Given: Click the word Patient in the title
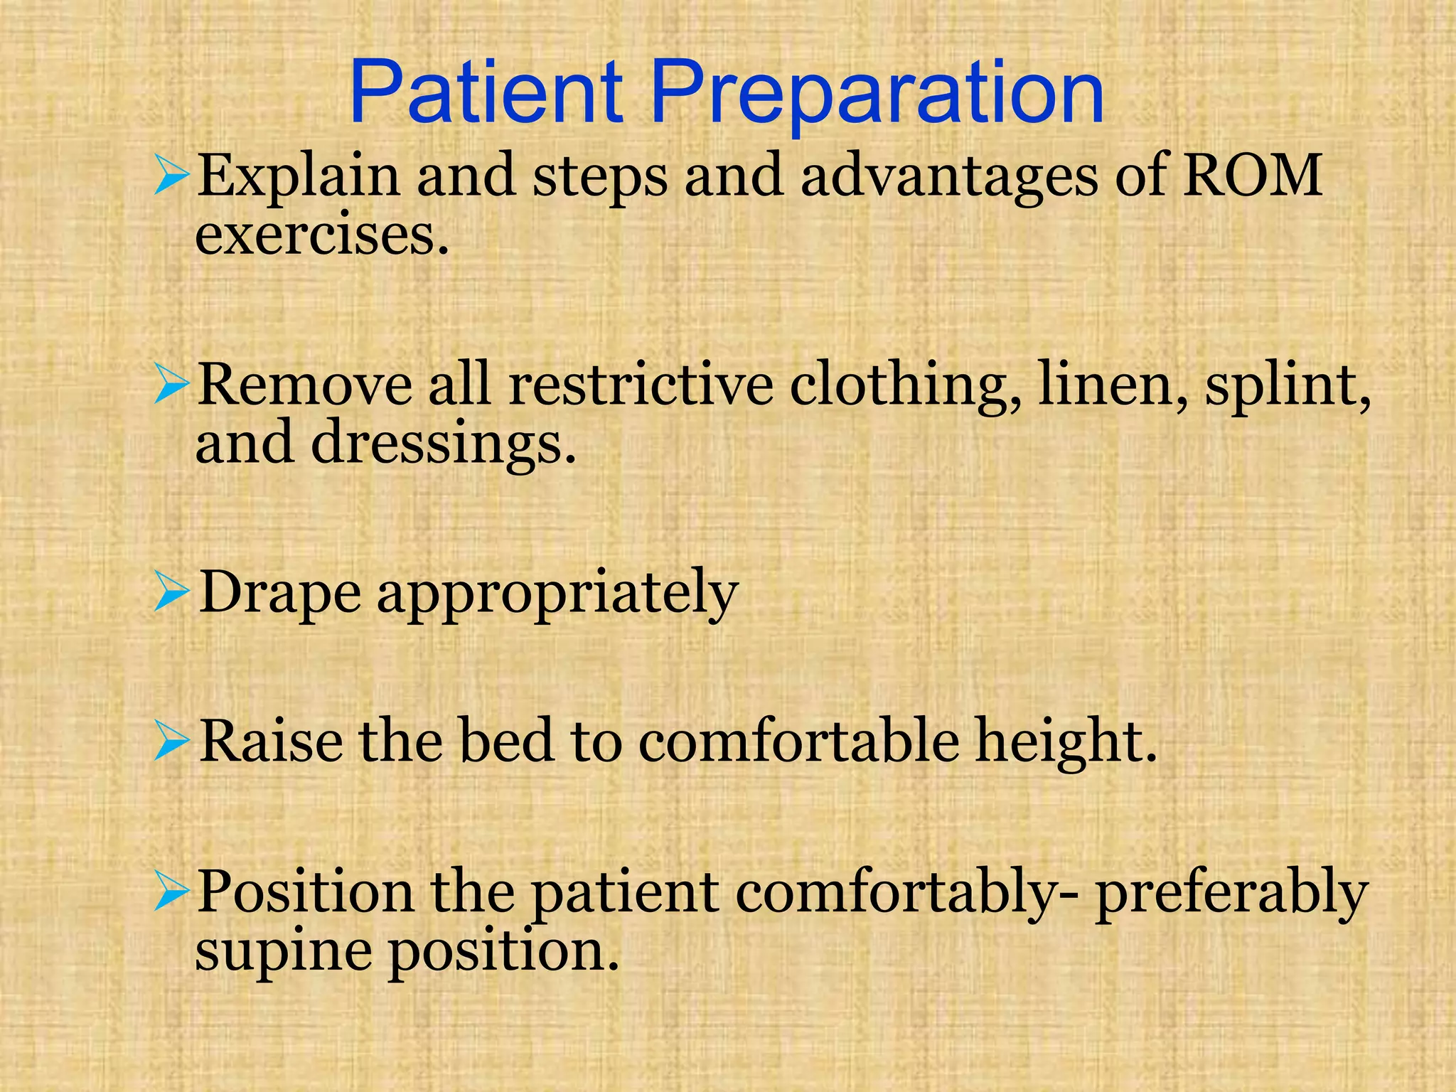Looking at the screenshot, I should (x=486, y=94).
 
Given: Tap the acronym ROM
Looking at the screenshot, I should (x=1252, y=175).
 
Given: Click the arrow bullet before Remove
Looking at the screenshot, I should (x=171, y=386).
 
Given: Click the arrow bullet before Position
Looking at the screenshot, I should (x=171, y=893).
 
